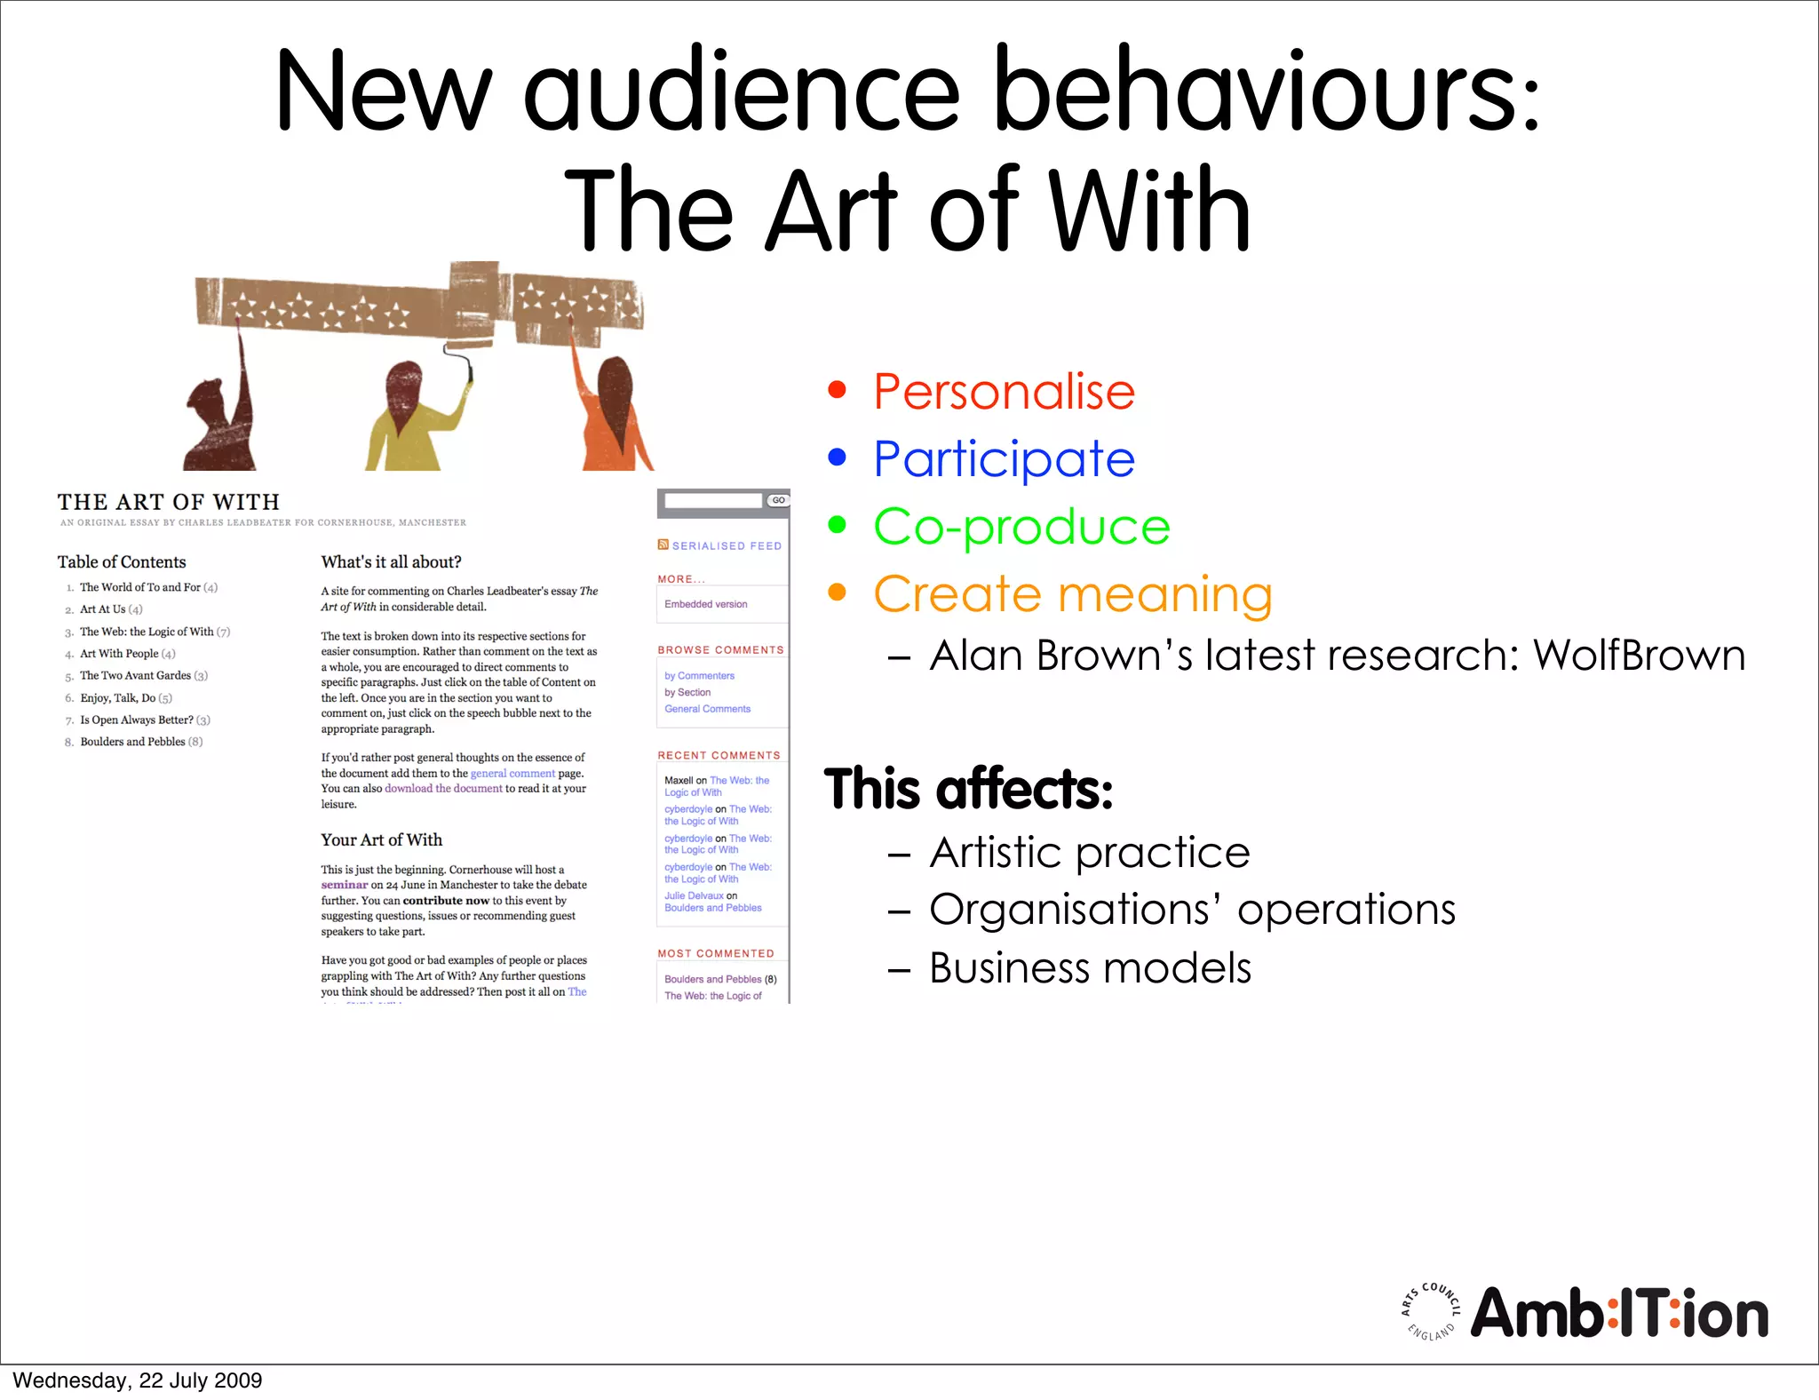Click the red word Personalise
(1004, 392)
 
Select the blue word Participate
(1004, 459)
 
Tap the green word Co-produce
(1021, 527)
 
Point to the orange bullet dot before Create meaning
(837, 592)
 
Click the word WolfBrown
(1639, 656)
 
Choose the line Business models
(1090, 968)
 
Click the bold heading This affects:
(968, 789)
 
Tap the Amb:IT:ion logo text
(1619, 1314)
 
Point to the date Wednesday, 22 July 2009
(138, 1380)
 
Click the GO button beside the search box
(778, 501)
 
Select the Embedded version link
(705, 604)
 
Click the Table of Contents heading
(122, 562)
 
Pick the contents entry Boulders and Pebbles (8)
(141, 742)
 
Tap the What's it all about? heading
(391, 562)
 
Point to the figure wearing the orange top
(613, 418)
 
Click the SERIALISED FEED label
(726, 546)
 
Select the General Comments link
(707, 709)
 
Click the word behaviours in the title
(1266, 91)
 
